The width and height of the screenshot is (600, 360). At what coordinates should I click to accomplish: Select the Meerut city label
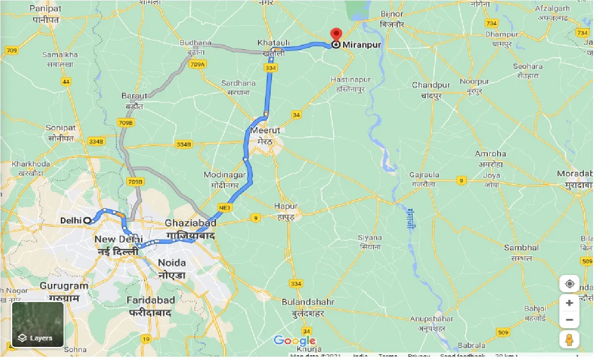point(264,130)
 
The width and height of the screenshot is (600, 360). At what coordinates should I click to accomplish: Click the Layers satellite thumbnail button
point(38,324)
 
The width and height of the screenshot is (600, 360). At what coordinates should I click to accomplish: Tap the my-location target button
point(569,284)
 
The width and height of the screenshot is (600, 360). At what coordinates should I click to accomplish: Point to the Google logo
point(294,341)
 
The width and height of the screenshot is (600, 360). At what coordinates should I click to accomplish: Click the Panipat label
point(45,8)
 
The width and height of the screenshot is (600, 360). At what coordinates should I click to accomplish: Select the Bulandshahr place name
point(308,302)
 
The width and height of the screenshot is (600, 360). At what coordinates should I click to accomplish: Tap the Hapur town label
point(286,206)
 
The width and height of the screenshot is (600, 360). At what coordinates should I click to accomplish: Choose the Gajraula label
point(424,175)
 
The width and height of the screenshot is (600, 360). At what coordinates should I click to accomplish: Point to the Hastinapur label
point(350,80)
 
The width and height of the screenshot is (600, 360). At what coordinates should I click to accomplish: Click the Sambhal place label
point(521,248)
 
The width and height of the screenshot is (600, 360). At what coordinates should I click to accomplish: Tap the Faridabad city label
point(152,300)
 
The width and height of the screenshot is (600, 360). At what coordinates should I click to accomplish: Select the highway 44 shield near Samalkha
point(66,82)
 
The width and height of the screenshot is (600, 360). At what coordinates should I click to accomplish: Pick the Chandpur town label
point(431,85)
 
